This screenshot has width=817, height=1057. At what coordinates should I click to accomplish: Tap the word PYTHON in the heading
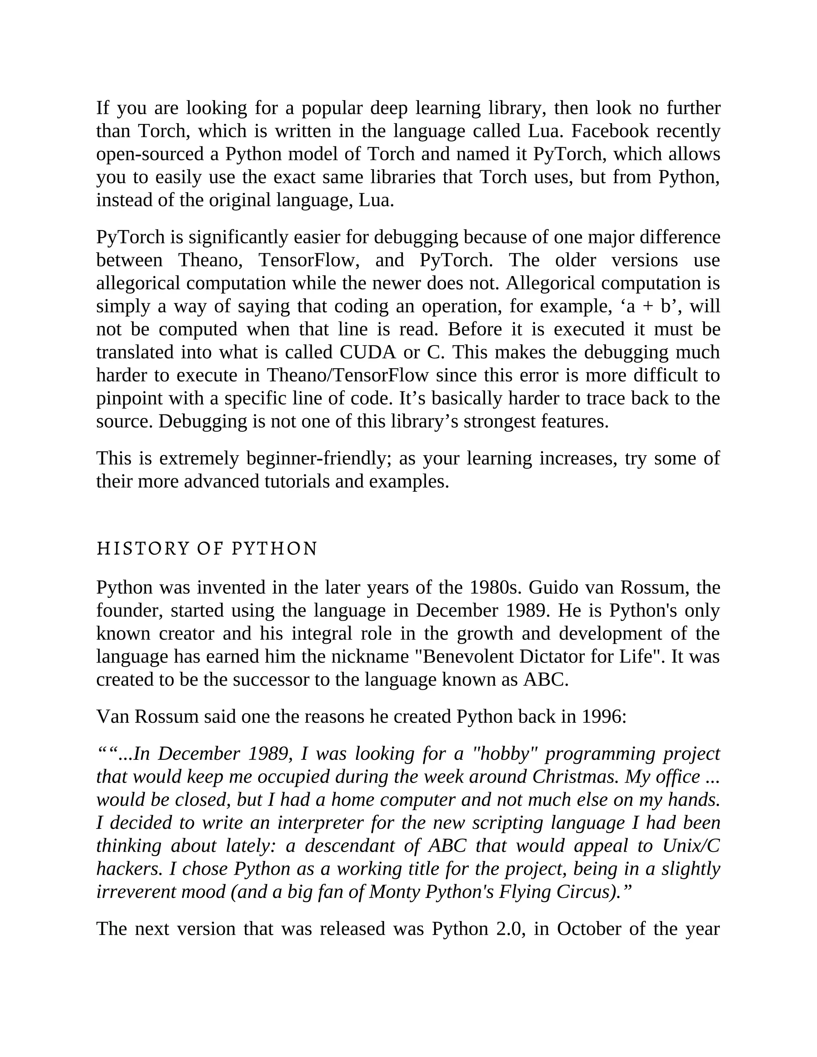tap(274, 549)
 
